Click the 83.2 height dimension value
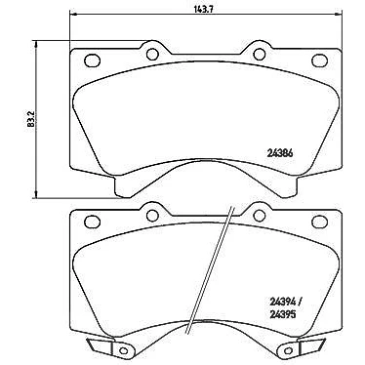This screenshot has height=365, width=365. click(x=31, y=119)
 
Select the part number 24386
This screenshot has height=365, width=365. click(x=279, y=154)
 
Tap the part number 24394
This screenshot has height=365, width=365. click(x=282, y=303)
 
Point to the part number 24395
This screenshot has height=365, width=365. click(x=282, y=314)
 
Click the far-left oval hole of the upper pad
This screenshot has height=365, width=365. click(x=92, y=60)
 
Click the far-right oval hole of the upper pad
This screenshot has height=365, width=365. click(x=320, y=60)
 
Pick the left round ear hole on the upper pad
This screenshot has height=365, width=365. click(x=152, y=55)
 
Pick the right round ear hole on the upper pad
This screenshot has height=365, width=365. click(x=259, y=54)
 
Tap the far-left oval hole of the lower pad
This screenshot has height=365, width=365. click(x=92, y=222)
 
